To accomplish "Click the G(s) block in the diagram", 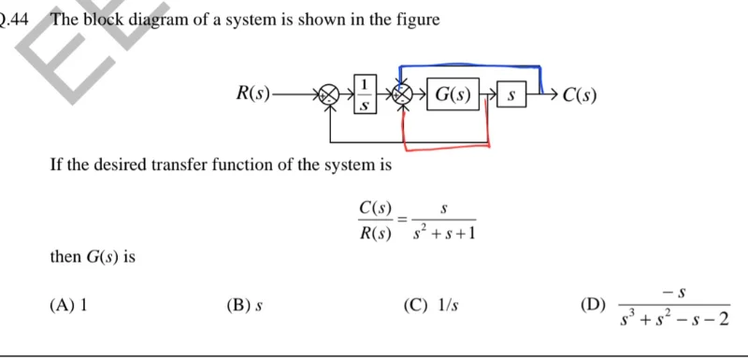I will [453, 94].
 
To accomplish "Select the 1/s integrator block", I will [365, 94].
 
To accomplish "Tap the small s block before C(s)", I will [511, 95].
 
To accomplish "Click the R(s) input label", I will [253, 94].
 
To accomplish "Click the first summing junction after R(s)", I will [327, 94].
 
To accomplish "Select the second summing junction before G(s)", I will [403, 94].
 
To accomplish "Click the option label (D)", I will [592, 305].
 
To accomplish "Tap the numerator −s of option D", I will [674, 293].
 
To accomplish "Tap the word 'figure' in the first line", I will [417, 19].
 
